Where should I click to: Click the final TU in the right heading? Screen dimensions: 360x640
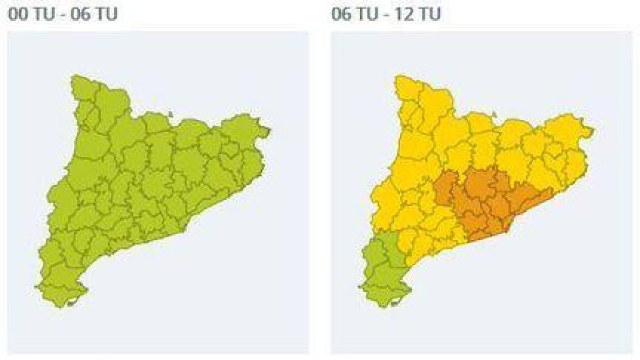click(x=430, y=14)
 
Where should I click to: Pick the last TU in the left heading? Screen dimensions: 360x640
click(x=107, y=14)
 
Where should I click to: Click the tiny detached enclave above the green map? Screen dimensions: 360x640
click(x=170, y=114)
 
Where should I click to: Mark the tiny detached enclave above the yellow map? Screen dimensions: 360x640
click(x=494, y=114)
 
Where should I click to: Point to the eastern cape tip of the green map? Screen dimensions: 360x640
click(x=269, y=130)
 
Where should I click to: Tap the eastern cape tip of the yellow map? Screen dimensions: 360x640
click(x=592, y=130)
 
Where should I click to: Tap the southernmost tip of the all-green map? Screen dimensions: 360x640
click(x=60, y=306)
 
